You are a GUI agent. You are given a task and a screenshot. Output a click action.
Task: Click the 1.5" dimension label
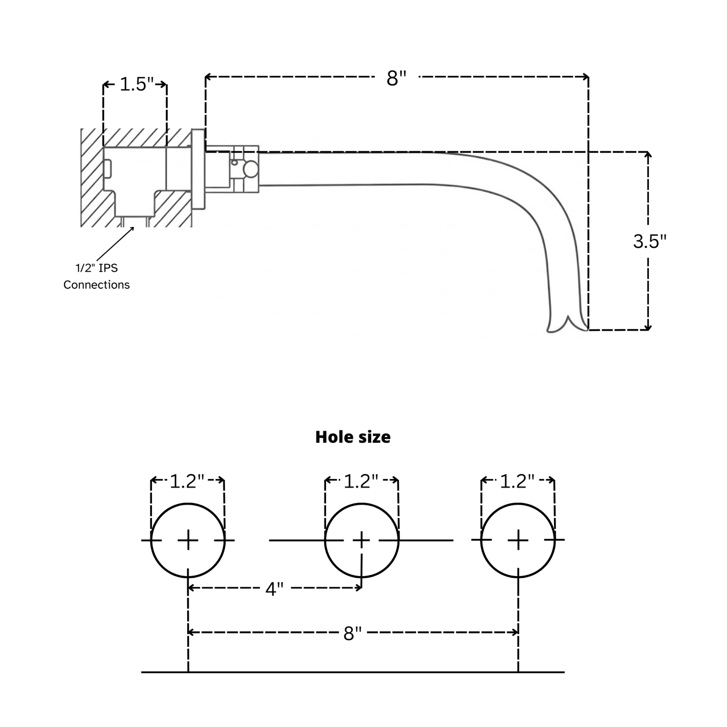(x=136, y=85)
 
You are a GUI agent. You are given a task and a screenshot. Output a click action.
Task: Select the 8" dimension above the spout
(x=396, y=78)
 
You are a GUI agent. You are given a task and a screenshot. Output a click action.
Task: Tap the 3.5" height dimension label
(x=649, y=241)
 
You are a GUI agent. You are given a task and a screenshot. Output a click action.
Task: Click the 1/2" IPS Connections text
(x=97, y=276)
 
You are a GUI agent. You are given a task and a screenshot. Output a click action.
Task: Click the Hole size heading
(x=353, y=437)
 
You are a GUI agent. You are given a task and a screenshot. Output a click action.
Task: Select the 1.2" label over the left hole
(x=187, y=481)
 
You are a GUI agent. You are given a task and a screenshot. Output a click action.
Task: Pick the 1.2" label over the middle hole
(x=361, y=481)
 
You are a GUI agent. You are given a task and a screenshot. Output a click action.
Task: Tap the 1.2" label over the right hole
(x=517, y=481)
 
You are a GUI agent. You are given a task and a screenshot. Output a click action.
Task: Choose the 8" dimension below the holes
(x=353, y=633)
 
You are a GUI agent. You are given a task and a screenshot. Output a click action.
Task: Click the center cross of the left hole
(x=188, y=540)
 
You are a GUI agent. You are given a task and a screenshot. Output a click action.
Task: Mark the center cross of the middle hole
(x=361, y=540)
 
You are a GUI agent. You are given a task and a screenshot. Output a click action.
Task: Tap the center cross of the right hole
(x=518, y=540)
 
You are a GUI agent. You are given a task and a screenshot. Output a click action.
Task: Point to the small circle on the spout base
(x=250, y=170)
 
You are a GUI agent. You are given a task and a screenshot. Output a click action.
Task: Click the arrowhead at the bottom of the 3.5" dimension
(x=648, y=328)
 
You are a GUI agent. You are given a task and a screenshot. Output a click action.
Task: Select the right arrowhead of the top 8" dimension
(x=586, y=76)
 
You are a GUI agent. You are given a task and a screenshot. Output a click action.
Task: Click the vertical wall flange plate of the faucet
(x=198, y=169)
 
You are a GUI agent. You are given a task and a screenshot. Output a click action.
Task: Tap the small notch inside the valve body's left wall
(x=107, y=169)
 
